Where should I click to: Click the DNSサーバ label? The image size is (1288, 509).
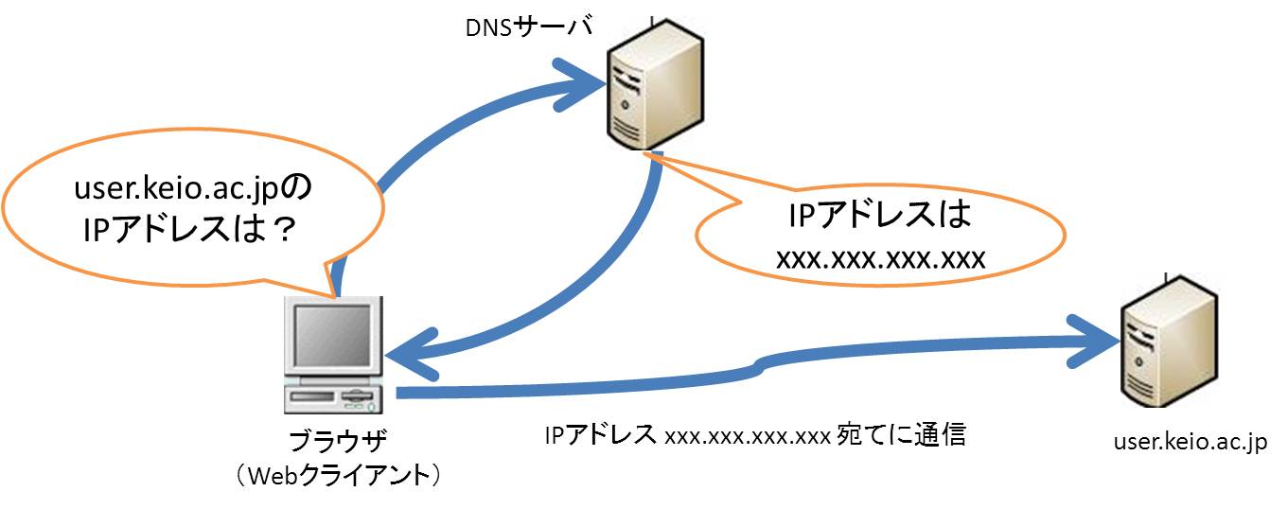pos(528,28)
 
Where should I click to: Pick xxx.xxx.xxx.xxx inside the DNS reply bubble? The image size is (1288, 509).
pos(880,258)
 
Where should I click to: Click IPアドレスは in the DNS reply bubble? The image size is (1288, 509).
pos(880,217)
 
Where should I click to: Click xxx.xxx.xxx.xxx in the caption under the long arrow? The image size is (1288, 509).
pos(748,437)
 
